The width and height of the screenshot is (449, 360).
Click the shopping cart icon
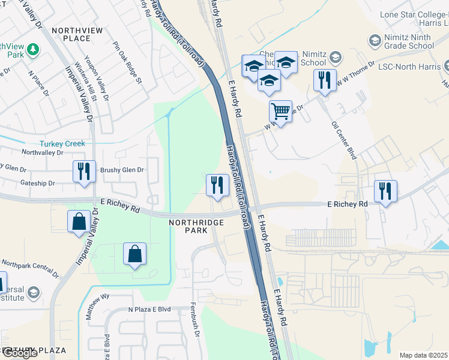(x=280, y=111)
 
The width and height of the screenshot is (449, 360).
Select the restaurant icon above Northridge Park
(x=216, y=185)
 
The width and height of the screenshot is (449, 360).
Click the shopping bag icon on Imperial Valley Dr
(x=79, y=222)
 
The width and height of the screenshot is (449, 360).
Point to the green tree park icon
(x=35, y=48)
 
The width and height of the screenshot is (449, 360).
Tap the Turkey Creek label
(x=62, y=144)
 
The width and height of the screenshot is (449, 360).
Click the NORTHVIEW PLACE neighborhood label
(x=79, y=34)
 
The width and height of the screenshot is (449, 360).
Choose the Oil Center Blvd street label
(x=344, y=140)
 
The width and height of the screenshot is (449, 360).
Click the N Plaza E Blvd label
(x=149, y=310)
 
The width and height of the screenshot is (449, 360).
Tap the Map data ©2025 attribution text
(x=423, y=355)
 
